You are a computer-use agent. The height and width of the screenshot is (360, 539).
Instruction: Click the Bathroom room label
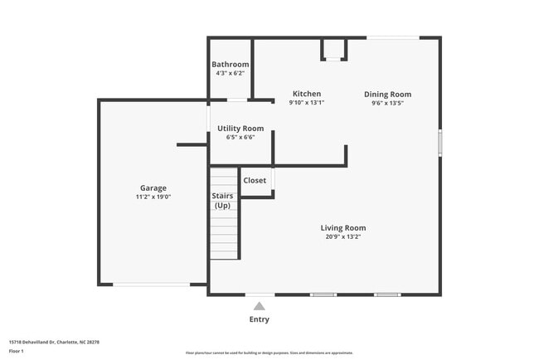click(x=230, y=65)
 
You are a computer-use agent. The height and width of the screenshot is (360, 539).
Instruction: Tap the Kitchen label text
click(x=306, y=94)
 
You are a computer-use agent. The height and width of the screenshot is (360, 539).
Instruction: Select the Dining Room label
click(x=387, y=95)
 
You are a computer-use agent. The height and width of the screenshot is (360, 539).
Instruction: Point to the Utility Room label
click(x=240, y=129)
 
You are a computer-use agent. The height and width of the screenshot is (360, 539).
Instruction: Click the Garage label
click(x=153, y=188)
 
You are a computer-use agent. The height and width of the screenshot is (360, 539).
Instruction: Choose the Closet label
click(x=255, y=180)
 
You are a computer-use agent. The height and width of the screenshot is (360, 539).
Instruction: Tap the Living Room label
click(x=343, y=228)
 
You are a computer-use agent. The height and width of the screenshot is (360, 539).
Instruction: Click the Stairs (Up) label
click(x=223, y=201)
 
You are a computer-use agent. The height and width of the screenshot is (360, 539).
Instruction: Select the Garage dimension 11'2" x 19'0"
click(x=153, y=197)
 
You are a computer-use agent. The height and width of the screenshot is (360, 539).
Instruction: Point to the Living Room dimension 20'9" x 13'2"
click(x=343, y=237)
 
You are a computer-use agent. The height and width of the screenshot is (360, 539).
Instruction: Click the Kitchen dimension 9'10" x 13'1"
click(x=306, y=103)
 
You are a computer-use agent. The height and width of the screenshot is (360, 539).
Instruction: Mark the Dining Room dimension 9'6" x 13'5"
click(x=387, y=104)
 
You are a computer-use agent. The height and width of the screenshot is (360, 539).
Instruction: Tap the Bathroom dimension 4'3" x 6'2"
click(x=230, y=74)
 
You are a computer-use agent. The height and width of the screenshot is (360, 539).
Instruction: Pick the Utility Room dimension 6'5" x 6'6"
click(x=240, y=138)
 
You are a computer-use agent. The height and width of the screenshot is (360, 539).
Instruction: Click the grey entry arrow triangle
click(x=259, y=305)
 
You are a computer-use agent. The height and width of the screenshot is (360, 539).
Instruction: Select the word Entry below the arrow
click(x=259, y=319)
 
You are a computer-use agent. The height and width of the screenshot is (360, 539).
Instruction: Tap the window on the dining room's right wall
click(x=439, y=141)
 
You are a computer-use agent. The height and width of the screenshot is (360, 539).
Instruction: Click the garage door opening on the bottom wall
click(x=152, y=285)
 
